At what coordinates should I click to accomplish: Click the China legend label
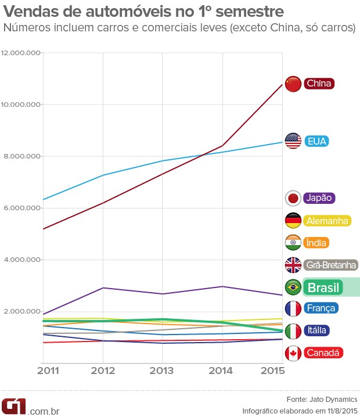pos(319,84)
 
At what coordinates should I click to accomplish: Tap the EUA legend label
pos(317,141)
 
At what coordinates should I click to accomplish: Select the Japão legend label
pos(319,197)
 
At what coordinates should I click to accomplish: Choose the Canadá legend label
pos(323,353)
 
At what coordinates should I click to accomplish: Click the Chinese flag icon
pos(294,84)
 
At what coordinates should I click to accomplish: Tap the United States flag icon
pos(294,141)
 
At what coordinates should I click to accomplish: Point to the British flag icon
pos(294,265)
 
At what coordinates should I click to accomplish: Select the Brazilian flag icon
pos(294,287)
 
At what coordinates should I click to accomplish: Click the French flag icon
pos(294,308)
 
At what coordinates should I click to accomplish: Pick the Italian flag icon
pos(294,330)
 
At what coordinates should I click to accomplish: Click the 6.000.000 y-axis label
pos(22,208)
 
